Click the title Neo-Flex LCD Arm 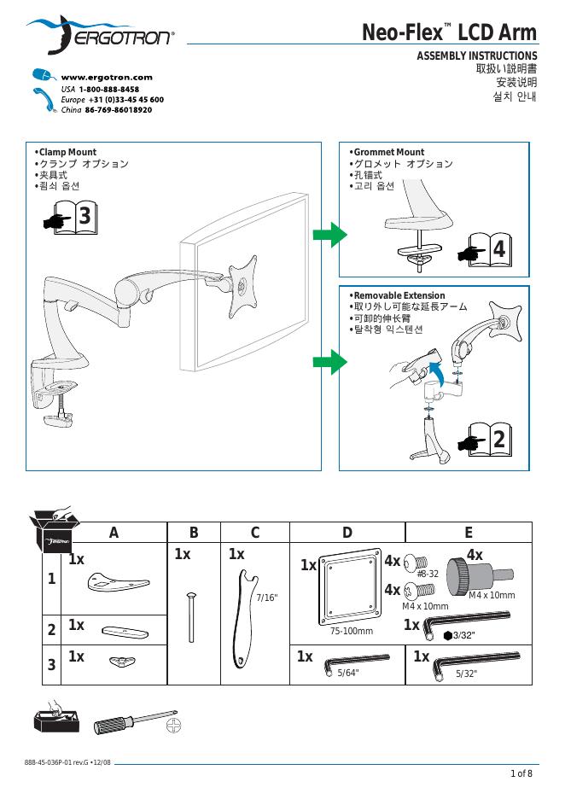450,32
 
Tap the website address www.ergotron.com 107,77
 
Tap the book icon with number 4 489,249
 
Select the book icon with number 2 489,440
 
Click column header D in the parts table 347,533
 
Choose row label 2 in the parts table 52,630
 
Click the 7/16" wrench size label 267,597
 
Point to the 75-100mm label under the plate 352,631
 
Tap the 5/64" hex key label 347,674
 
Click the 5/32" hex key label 466,674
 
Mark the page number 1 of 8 521,773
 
